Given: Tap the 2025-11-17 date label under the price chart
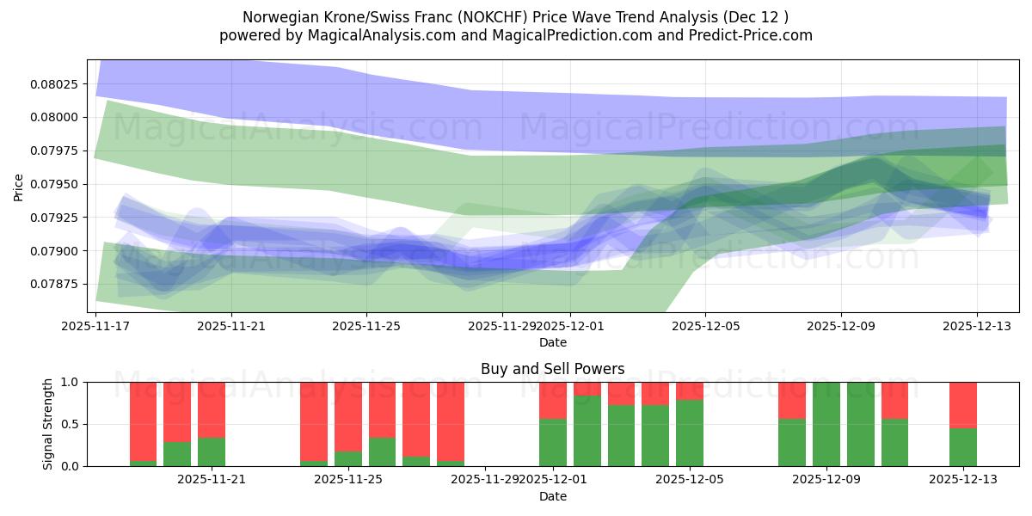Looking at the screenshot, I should pyautogui.click(x=95, y=327).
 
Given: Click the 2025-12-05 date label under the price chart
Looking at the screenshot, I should pyautogui.click(x=705, y=327).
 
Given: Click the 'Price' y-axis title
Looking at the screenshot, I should pyautogui.click(x=19, y=187).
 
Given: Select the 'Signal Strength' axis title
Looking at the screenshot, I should pyautogui.click(x=49, y=424).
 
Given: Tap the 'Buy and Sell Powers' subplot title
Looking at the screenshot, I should pyautogui.click(x=552, y=369).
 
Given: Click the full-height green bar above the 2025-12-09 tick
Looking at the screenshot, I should pyautogui.click(x=826, y=424).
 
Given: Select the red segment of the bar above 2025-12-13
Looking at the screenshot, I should pyautogui.click(x=962, y=404).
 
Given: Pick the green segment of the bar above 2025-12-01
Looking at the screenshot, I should pyautogui.click(x=552, y=443).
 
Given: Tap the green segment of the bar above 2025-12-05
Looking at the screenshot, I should pyautogui.click(x=689, y=433).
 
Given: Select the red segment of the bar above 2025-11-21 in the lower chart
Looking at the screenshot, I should pyautogui.click(x=211, y=409).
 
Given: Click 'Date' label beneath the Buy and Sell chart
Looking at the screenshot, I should pyautogui.click(x=552, y=497).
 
